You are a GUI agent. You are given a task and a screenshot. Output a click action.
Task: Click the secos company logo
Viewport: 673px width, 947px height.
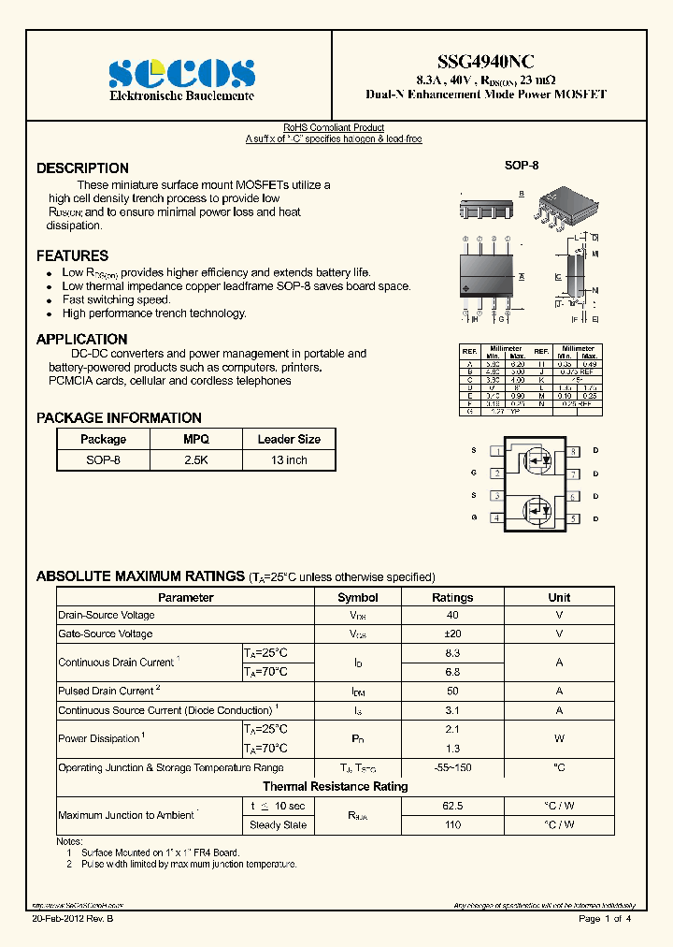click(x=181, y=74)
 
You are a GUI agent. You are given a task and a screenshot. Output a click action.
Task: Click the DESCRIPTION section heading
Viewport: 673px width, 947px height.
click(x=82, y=168)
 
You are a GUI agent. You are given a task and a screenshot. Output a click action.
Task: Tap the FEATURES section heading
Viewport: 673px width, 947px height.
click(x=72, y=255)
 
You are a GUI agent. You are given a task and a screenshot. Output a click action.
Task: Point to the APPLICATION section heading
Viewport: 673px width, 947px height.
click(x=81, y=340)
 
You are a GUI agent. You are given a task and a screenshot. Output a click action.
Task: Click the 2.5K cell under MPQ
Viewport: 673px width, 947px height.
click(x=196, y=460)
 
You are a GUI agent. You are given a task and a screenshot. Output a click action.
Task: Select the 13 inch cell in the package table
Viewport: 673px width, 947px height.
click(x=289, y=460)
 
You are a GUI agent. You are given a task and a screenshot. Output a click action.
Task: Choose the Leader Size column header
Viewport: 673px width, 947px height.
click(x=289, y=439)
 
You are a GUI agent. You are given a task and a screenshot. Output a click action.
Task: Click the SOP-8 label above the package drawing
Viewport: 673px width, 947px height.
click(x=522, y=166)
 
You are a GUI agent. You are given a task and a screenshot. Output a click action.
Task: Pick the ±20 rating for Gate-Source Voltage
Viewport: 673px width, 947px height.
click(x=452, y=634)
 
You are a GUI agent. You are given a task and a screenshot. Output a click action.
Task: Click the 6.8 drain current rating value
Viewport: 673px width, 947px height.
click(x=452, y=672)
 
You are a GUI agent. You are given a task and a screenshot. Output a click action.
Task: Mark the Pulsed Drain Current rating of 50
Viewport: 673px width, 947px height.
click(x=452, y=691)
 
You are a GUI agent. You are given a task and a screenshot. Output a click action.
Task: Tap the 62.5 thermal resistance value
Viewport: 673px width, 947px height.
click(x=452, y=806)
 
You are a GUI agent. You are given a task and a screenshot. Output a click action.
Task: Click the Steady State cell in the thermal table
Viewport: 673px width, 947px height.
click(x=278, y=825)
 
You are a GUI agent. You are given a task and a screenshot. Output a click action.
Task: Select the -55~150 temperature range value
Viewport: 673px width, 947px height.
click(x=452, y=767)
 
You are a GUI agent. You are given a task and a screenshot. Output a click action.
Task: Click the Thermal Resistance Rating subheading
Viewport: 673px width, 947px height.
click(x=335, y=786)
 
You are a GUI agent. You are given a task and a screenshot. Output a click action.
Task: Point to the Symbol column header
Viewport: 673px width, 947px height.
click(x=357, y=597)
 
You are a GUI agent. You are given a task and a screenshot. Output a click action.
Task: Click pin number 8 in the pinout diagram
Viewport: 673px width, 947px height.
click(x=574, y=451)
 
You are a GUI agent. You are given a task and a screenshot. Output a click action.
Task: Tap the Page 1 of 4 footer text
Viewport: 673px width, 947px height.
click(x=605, y=919)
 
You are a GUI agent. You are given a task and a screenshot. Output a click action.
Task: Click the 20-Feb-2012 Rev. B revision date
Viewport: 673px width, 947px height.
click(x=72, y=919)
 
